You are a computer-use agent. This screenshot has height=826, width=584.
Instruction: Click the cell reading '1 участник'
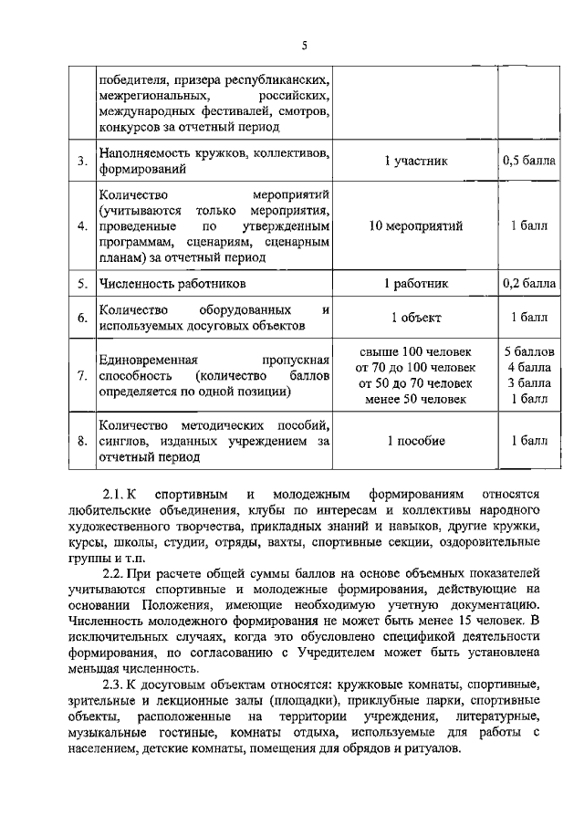point(415,162)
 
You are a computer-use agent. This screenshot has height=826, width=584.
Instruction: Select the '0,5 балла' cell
point(528,162)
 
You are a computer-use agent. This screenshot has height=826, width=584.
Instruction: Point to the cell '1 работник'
point(415,284)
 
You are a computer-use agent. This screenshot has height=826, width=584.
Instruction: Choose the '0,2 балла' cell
point(528,284)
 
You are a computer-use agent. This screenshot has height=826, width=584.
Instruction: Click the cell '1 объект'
point(415,318)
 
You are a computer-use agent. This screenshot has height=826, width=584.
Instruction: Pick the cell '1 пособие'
point(415,441)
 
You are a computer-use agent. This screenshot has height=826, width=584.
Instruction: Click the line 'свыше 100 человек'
point(415,351)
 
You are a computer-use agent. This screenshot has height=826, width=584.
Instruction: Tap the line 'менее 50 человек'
point(415,398)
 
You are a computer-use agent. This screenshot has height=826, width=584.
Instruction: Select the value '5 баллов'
point(528,351)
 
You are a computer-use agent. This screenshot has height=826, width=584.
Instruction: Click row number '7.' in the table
point(82,375)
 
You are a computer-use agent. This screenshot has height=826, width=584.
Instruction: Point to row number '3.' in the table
point(82,162)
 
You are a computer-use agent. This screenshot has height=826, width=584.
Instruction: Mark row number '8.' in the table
point(82,442)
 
